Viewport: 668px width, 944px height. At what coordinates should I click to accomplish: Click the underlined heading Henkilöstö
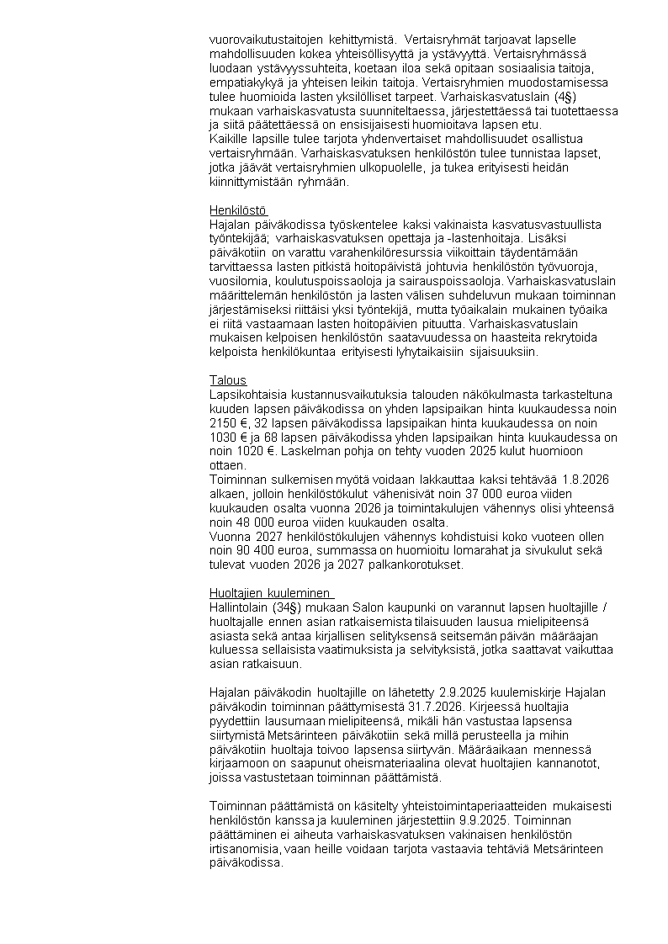point(237,210)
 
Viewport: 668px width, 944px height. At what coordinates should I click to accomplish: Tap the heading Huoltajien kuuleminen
point(270,593)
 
